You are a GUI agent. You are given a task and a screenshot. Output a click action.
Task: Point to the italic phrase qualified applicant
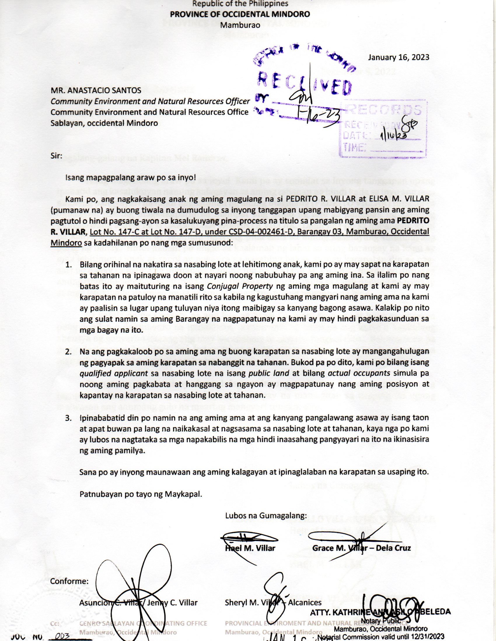(x=114, y=374)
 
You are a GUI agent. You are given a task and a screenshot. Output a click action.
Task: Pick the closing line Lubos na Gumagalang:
(x=266, y=516)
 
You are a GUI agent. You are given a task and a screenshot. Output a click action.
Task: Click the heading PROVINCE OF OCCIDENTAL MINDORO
(x=240, y=14)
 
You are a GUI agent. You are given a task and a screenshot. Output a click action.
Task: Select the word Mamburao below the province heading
(x=240, y=25)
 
